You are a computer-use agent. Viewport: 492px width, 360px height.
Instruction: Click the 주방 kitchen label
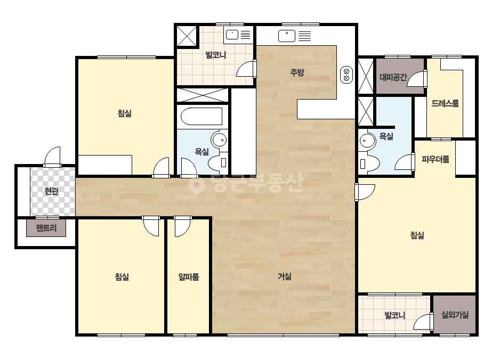click(x=297, y=72)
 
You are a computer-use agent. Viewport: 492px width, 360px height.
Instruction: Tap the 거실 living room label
click(x=285, y=276)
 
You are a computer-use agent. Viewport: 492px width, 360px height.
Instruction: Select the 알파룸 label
click(x=189, y=277)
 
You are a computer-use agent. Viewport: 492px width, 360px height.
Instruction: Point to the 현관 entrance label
click(x=52, y=191)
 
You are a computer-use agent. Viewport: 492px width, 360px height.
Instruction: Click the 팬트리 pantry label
click(x=46, y=228)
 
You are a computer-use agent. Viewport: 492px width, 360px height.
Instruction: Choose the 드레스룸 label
click(x=445, y=103)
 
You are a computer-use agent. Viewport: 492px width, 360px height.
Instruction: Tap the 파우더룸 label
click(x=435, y=159)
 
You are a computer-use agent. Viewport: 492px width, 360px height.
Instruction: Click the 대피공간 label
click(x=393, y=77)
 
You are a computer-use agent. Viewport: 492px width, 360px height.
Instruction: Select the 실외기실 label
click(x=455, y=315)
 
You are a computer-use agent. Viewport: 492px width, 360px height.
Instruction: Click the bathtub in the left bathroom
click(x=201, y=116)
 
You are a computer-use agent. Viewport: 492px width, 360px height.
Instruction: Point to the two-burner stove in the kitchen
click(x=346, y=75)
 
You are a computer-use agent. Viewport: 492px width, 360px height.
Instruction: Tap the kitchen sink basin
click(x=286, y=36)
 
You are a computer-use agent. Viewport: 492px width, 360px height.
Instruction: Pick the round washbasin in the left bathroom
click(x=219, y=140)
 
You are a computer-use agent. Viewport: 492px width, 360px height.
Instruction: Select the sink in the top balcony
click(x=232, y=35)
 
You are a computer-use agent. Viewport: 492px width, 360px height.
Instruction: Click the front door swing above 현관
click(x=52, y=157)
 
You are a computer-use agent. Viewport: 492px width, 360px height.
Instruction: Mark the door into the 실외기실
click(x=423, y=322)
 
